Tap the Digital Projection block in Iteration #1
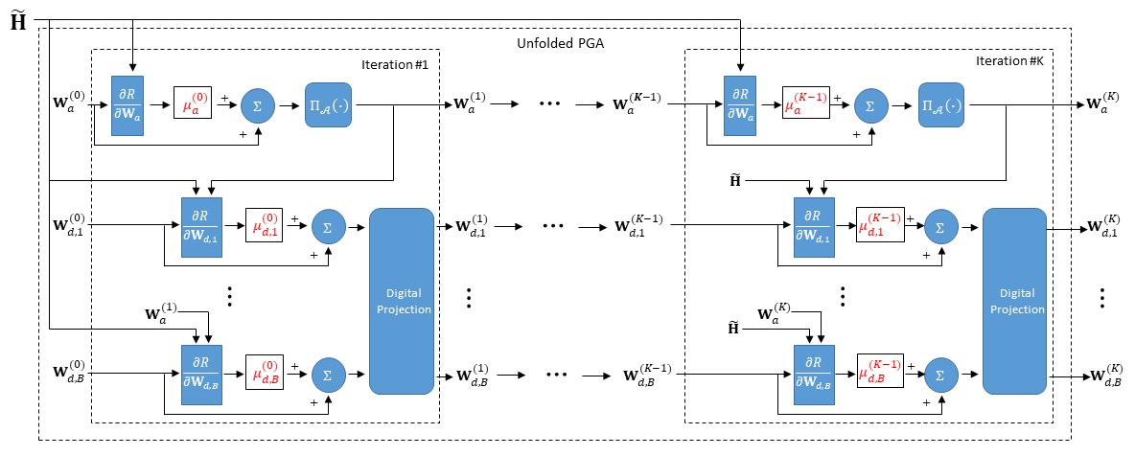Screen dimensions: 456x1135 click(402, 301)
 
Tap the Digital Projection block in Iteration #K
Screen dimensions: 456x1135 click(1017, 301)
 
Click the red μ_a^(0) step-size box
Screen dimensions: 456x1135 click(192, 104)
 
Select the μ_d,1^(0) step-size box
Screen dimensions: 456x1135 click(265, 226)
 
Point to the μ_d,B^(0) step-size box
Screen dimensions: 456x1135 click(265, 374)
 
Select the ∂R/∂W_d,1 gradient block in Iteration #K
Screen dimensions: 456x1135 click(813, 226)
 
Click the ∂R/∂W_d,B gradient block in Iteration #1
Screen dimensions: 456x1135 click(199, 374)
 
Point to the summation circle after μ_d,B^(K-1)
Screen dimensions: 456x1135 click(940, 374)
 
